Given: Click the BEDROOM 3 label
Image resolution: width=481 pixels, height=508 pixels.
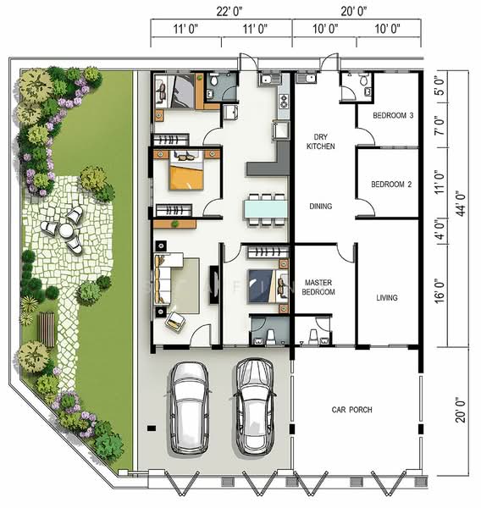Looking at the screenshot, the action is point(393,115).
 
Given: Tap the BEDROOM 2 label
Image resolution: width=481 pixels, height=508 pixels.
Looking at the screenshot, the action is point(391,185).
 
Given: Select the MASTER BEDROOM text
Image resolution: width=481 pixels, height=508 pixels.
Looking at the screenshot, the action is point(318,287).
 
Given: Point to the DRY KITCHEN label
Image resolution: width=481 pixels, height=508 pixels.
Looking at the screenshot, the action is point(321,141).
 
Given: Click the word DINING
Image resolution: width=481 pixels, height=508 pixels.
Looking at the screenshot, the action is point(321,206).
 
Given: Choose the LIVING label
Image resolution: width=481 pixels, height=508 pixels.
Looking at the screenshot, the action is point(387,298).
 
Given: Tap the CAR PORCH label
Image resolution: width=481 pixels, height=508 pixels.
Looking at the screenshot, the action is point(351,410).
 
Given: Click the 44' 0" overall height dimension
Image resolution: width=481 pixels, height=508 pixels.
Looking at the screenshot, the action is point(461,203).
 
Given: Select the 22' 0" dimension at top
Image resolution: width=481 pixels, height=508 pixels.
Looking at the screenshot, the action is point(229,12).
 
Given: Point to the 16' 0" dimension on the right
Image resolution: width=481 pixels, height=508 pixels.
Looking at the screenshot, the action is point(440,291).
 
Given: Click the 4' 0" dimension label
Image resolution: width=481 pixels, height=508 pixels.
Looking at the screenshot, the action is point(440,230).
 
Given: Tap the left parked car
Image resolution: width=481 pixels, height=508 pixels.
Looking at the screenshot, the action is point(189,407).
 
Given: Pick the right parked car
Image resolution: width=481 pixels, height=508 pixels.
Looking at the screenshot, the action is point(255,406).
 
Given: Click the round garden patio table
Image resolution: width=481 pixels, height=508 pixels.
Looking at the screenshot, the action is point(66,230).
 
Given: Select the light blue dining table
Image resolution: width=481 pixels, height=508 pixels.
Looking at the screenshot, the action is point(266,208).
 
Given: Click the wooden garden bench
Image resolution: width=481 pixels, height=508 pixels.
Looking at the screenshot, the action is point(46,329).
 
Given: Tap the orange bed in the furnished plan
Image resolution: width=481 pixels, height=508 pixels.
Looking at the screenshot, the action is point(186,171).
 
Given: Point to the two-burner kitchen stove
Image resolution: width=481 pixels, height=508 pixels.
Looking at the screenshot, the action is point(284,101).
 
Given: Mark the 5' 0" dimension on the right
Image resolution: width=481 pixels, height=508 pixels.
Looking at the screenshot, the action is point(440,87).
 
